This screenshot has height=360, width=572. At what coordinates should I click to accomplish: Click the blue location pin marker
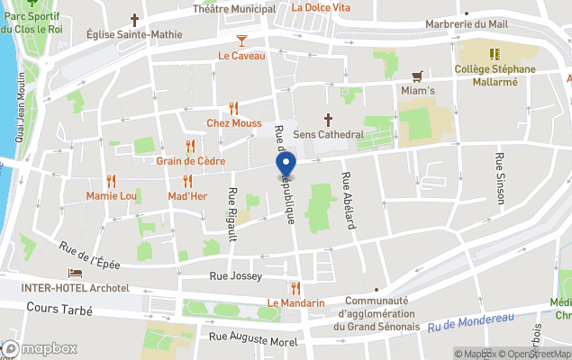(286, 166)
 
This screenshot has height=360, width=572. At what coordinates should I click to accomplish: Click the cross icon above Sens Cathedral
(329, 118)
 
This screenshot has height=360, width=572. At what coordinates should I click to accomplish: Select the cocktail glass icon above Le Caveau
(241, 40)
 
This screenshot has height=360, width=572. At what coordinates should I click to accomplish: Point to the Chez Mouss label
(234, 122)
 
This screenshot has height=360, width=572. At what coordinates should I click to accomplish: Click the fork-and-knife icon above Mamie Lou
(111, 181)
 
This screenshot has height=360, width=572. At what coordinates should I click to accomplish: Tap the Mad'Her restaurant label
(187, 195)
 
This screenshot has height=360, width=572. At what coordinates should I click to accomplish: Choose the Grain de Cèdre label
(190, 161)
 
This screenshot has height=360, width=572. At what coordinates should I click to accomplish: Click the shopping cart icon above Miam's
(417, 76)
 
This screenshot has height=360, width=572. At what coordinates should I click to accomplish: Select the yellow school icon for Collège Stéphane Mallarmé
(494, 53)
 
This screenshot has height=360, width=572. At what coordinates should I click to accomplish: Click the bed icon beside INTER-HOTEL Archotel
(76, 273)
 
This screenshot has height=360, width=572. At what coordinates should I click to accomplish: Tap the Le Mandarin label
(295, 303)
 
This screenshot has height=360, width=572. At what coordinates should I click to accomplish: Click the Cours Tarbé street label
(56, 308)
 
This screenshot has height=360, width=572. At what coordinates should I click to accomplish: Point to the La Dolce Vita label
(321, 7)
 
